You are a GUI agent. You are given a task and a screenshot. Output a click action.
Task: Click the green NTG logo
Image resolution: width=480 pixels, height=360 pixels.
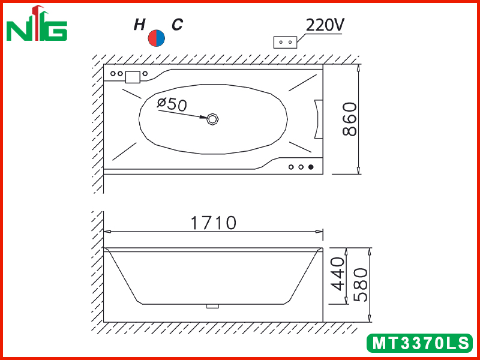click(x=37, y=24)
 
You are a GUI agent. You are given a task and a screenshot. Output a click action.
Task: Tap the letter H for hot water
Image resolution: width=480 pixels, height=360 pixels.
click(x=139, y=25)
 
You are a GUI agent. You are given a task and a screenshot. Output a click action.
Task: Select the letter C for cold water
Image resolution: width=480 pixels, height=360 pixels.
click(x=177, y=25)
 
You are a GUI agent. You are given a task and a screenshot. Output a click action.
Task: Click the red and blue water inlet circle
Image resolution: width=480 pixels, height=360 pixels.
click(x=157, y=38)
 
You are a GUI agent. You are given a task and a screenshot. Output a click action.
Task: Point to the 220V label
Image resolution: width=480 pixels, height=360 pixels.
click(x=325, y=25)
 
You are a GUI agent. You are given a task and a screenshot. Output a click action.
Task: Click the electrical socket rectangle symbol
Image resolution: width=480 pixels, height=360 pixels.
click(x=285, y=42)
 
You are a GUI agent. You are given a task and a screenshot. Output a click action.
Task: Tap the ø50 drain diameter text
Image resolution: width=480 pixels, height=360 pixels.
click(x=172, y=104)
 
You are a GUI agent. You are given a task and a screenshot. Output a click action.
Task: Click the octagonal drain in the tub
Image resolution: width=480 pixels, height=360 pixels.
click(x=212, y=119)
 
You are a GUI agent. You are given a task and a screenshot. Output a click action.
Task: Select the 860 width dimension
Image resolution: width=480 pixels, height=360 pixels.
click(x=349, y=119)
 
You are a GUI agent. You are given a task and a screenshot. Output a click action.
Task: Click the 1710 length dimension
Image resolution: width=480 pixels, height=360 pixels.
click(x=214, y=223)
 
